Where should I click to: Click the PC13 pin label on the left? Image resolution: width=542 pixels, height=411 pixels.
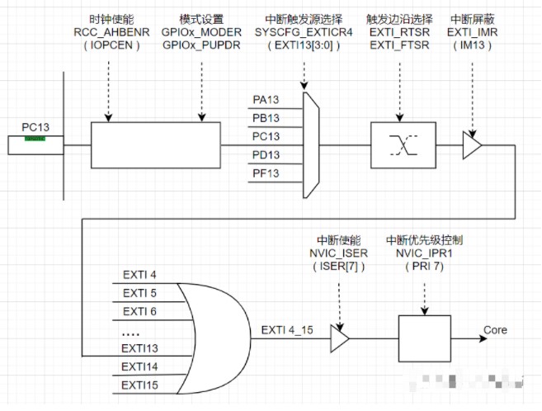(35, 127)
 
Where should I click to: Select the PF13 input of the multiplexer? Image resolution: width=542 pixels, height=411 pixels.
(266, 172)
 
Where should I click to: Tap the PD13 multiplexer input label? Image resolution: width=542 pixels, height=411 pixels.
(266, 154)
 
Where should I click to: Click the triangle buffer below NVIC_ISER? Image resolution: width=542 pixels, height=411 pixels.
(339, 337)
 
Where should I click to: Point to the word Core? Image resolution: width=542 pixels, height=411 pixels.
(495, 330)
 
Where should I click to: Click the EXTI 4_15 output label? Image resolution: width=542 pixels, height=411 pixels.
(288, 330)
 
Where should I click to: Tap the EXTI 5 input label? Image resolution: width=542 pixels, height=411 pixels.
(139, 293)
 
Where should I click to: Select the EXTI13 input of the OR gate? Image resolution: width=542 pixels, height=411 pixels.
(139, 348)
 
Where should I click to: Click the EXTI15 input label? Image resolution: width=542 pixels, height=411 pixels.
(139, 385)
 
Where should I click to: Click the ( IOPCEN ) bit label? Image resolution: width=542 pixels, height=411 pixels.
(108, 45)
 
